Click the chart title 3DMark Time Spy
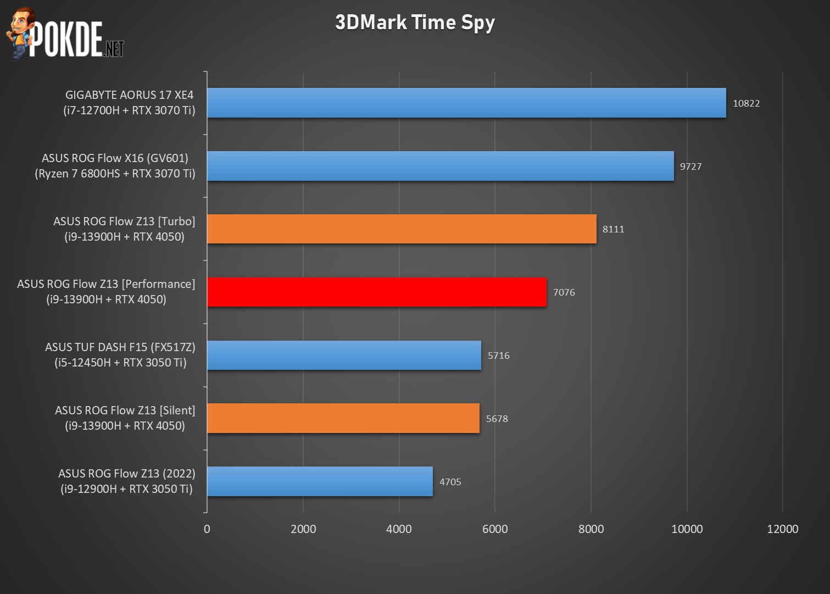point(415,23)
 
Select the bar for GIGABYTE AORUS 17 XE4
point(466,103)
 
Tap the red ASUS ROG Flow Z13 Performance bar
point(377,292)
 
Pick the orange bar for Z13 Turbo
point(402,229)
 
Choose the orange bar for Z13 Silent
point(343,418)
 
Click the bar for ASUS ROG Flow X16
point(440,166)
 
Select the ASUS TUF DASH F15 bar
point(344,355)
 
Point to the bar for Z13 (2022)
point(320,481)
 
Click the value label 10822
point(746,103)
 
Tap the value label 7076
point(564,292)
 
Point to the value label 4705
point(450,482)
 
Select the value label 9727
point(690,166)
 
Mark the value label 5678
point(497,419)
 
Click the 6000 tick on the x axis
point(495,529)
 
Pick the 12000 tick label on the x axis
point(782,529)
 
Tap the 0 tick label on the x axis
point(207,529)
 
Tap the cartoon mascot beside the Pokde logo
point(20,33)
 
